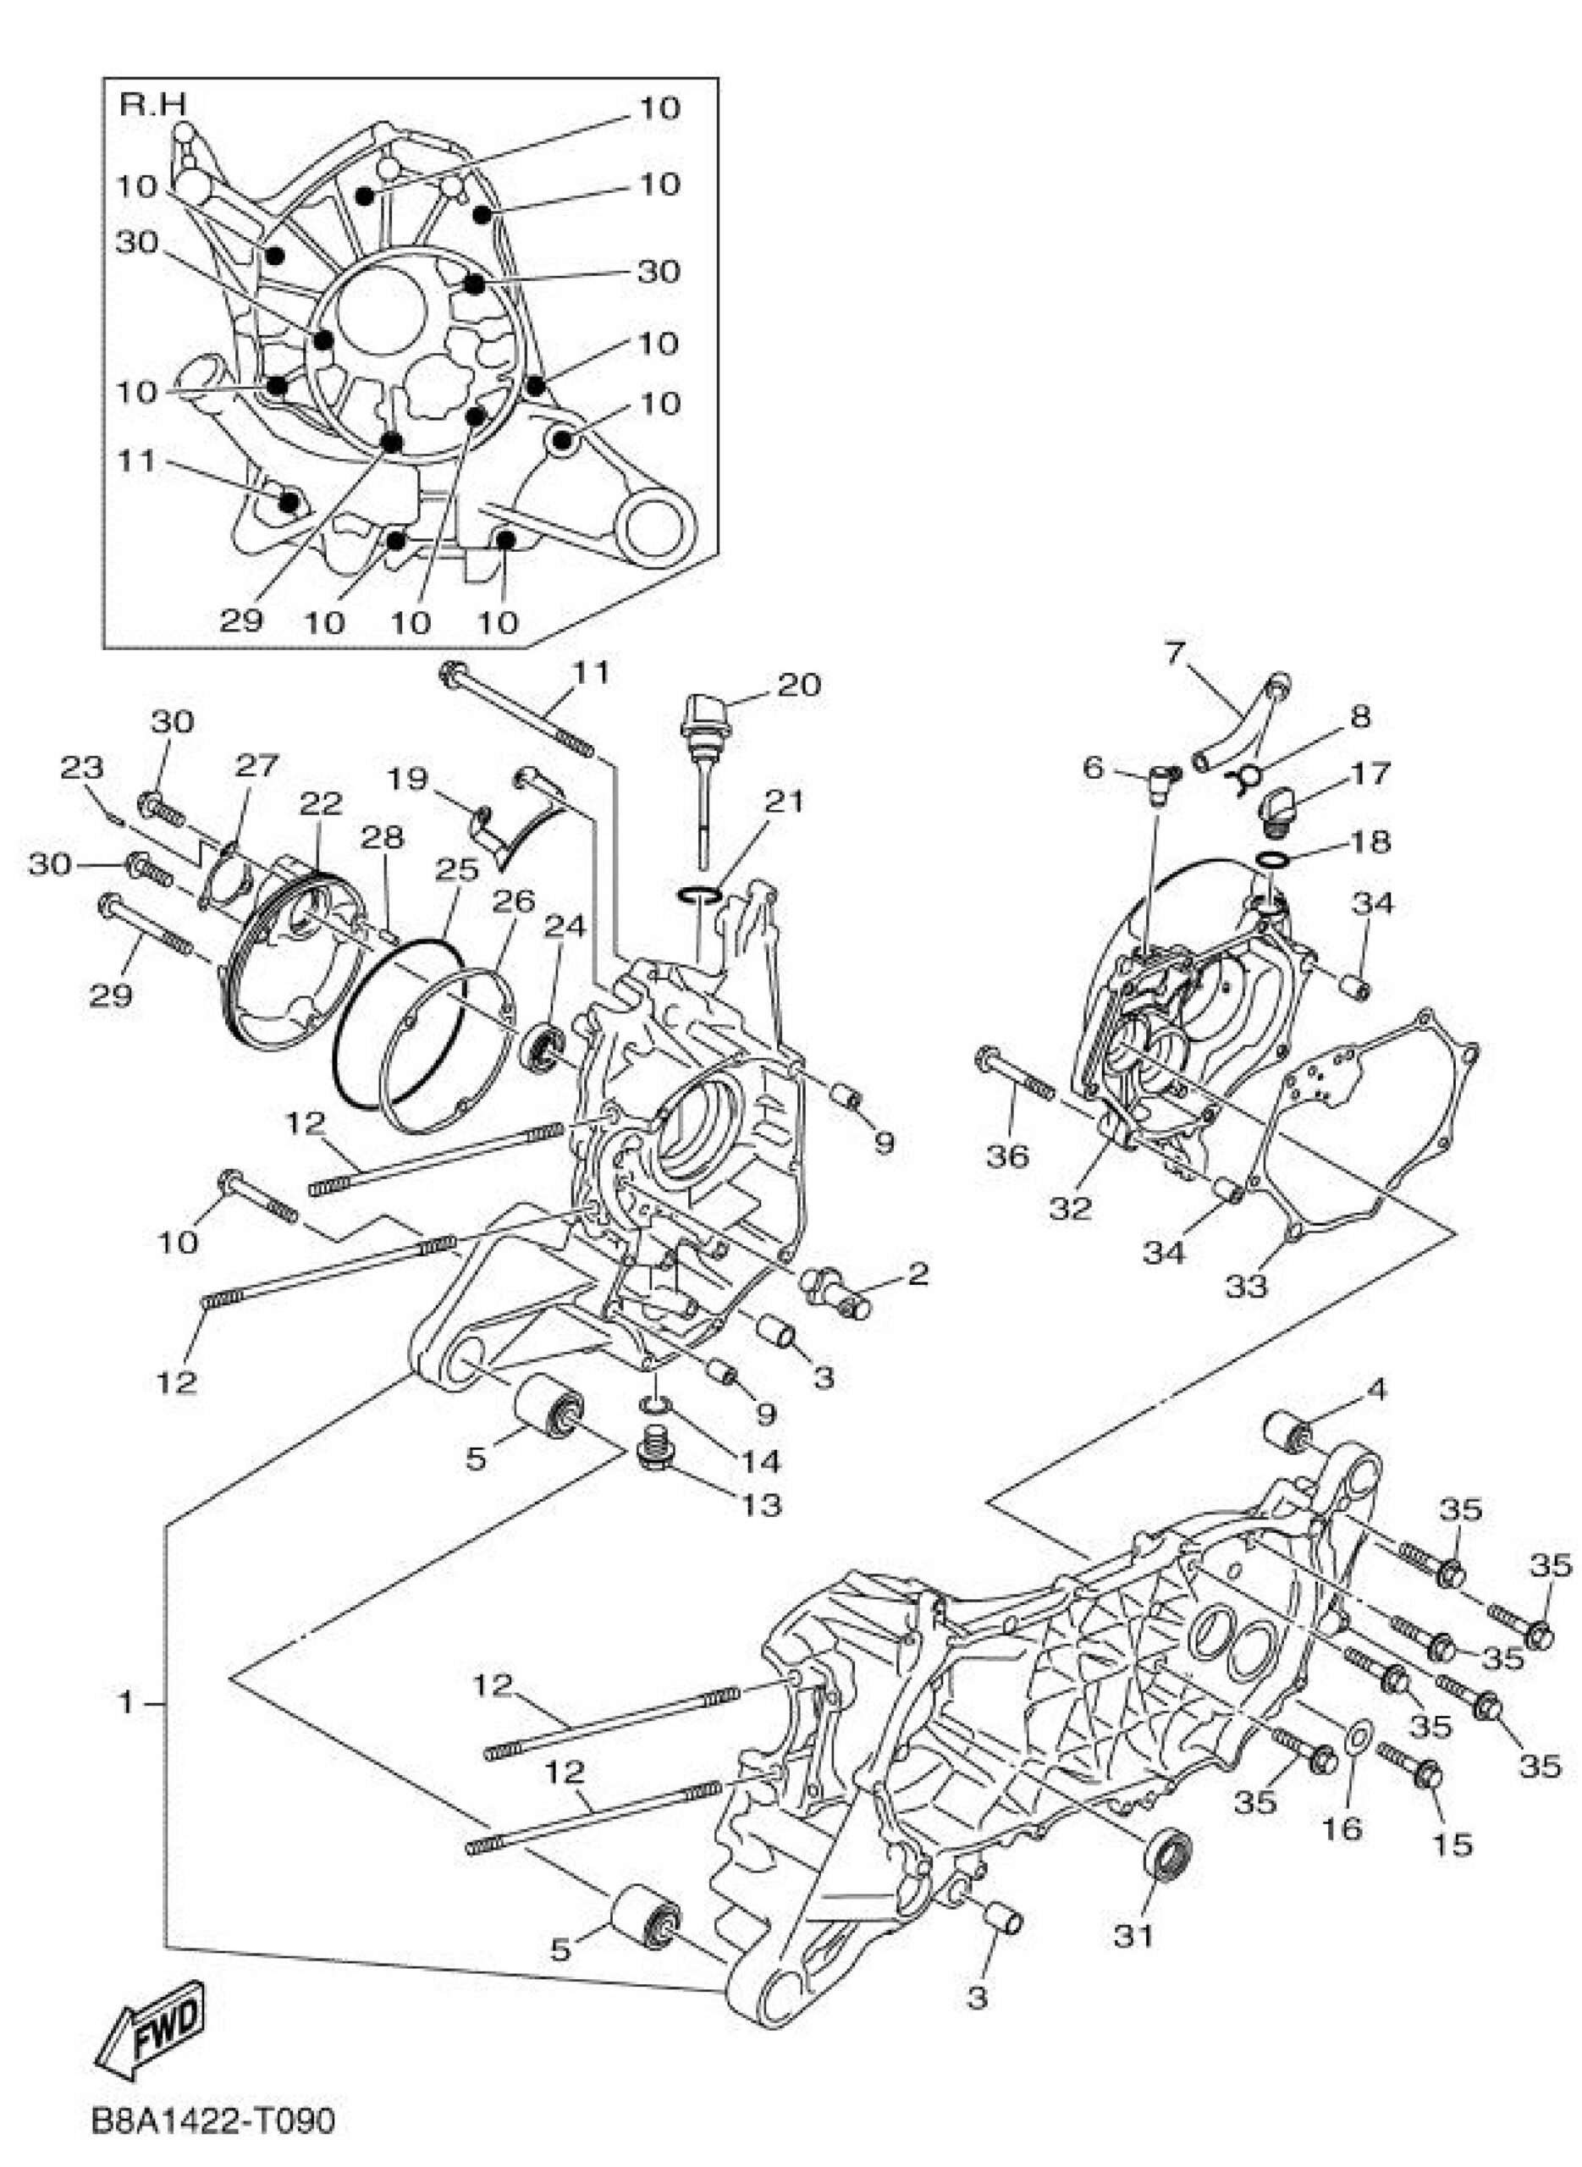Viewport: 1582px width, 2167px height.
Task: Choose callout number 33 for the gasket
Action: tap(1247, 1286)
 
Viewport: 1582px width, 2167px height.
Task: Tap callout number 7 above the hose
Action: tap(1175, 654)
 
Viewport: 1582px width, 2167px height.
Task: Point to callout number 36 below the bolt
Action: tap(1007, 1157)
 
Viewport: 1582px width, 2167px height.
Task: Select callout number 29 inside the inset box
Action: tap(240, 620)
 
